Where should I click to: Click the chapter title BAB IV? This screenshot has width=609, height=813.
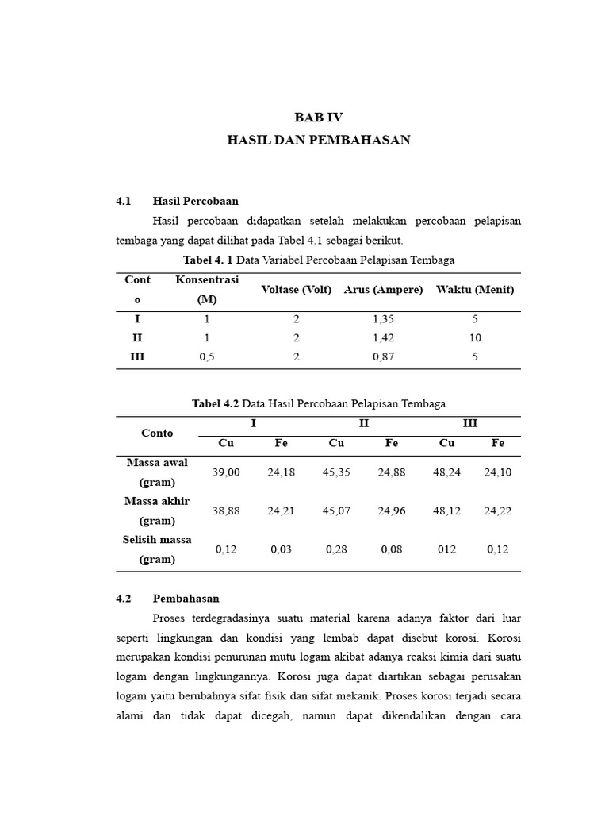[x=319, y=117]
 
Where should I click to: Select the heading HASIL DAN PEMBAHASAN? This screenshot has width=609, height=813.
[x=319, y=140]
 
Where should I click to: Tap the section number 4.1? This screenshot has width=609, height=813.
[x=123, y=201]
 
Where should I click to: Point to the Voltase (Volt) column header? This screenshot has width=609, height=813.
[x=296, y=290]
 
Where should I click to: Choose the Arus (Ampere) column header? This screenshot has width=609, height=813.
[x=383, y=290]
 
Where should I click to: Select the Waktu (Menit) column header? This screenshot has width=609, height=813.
[x=475, y=290]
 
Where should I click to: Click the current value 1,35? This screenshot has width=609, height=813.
[x=383, y=318]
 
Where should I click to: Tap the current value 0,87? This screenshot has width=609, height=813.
[x=383, y=357]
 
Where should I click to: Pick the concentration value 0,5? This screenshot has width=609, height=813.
[x=206, y=357]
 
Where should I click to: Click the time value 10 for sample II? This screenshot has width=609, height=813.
[x=475, y=337]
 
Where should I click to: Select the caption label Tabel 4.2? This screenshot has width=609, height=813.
[x=215, y=403]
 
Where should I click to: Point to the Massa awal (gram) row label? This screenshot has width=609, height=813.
[x=157, y=472]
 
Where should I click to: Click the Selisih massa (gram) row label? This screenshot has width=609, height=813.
[x=157, y=549]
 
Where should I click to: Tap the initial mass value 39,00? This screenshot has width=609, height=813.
[x=226, y=472]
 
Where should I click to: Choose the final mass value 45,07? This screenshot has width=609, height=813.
[x=336, y=511]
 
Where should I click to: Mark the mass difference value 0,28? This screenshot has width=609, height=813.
[x=336, y=549]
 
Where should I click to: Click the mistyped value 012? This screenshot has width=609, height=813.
[x=446, y=549]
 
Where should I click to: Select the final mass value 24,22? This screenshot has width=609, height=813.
[x=498, y=511]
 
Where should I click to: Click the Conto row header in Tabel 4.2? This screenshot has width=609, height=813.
[x=157, y=433]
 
